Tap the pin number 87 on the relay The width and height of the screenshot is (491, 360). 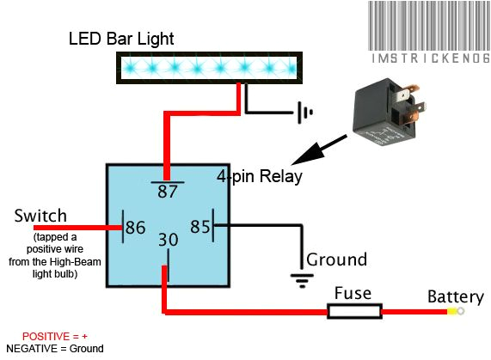coord(166,192)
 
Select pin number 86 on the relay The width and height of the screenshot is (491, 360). coord(135,229)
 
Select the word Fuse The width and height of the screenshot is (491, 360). coord(353,293)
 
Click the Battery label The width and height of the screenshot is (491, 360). coord(456,297)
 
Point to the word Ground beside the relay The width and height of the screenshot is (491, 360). coord(336,259)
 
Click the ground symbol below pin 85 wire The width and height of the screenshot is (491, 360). coord(301,277)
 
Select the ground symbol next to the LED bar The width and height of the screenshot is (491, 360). coord(302,112)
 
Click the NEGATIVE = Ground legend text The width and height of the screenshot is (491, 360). coord(54,348)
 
